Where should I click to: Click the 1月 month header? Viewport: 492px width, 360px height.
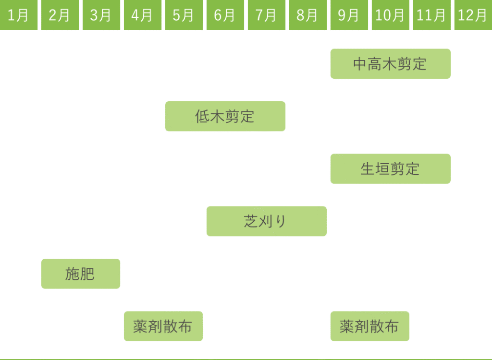click(19, 15)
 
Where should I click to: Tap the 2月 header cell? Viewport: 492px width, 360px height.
click(60, 15)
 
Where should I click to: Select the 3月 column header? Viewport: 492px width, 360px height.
click(101, 15)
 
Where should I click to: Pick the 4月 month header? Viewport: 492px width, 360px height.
click(142, 15)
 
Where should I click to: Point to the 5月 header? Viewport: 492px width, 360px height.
click(184, 15)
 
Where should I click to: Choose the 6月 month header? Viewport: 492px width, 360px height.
click(225, 15)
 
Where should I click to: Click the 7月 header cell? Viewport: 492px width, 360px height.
click(266, 15)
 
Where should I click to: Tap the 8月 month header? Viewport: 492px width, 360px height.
click(307, 15)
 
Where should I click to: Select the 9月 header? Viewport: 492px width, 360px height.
click(349, 15)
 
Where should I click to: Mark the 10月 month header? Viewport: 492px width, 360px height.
click(390, 15)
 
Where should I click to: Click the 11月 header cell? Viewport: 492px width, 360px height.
click(431, 15)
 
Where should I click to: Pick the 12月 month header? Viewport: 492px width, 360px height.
click(473, 15)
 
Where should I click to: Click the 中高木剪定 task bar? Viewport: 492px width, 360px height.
click(390, 64)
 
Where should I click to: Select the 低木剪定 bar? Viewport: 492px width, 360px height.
click(225, 116)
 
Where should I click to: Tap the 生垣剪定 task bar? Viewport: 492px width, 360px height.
click(390, 169)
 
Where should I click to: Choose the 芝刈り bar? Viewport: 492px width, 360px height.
click(267, 221)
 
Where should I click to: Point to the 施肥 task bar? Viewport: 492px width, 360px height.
click(81, 274)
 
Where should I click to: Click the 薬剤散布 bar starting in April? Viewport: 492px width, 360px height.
click(163, 326)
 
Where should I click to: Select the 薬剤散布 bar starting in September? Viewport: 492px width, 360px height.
click(370, 326)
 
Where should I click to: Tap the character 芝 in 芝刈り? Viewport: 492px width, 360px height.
click(251, 221)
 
